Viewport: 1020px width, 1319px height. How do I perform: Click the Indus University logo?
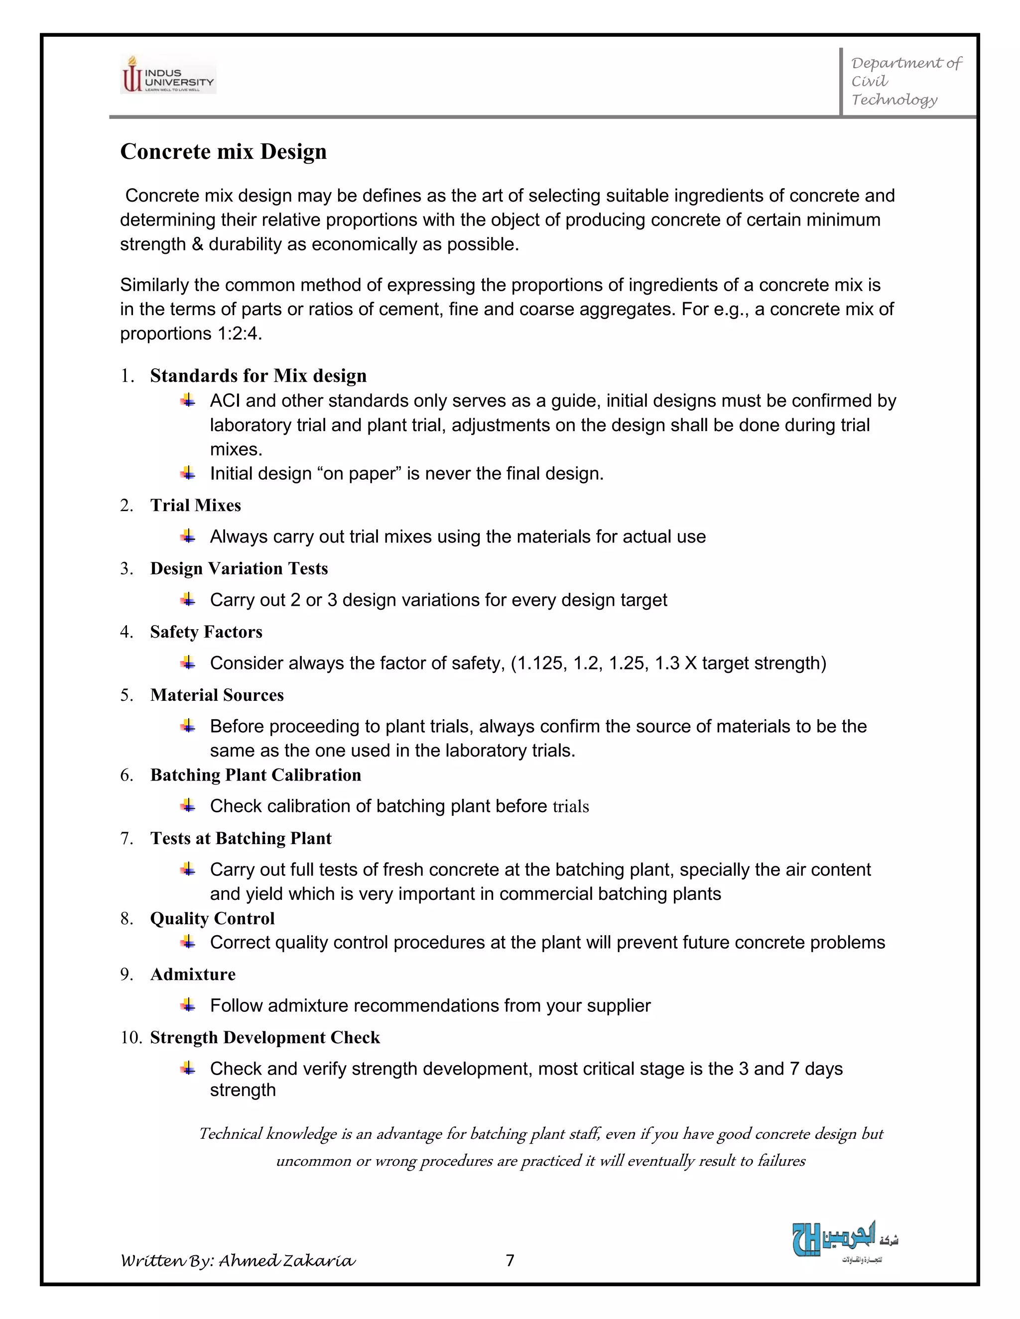coord(168,74)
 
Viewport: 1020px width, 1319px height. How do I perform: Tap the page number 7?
coord(510,1260)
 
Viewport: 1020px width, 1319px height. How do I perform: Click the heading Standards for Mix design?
coord(258,376)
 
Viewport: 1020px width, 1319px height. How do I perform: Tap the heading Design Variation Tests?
coord(239,568)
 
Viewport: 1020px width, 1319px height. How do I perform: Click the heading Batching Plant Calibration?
coord(255,775)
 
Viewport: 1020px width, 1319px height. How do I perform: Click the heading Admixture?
coord(193,974)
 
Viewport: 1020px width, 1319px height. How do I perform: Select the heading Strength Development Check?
coord(264,1038)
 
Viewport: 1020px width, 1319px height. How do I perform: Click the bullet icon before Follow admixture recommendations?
coord(188,1005)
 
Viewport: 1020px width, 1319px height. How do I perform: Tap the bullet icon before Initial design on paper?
coord(188,473)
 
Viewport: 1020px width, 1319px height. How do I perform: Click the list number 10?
coord(130,1038)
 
